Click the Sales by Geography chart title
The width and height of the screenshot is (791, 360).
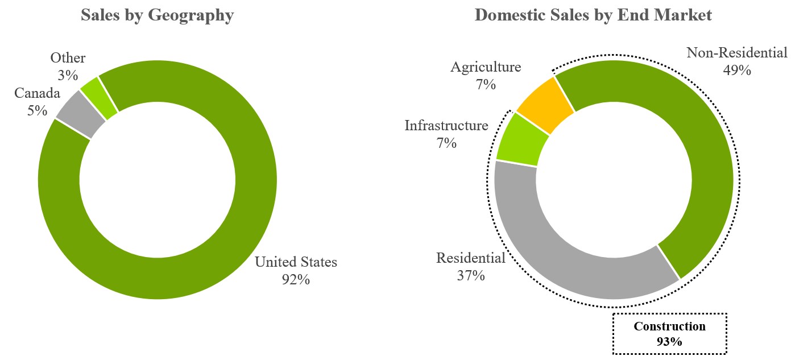157,15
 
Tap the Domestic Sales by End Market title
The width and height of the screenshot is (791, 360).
593,15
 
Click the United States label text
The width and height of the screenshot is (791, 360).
296,262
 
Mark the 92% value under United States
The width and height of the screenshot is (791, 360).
296,280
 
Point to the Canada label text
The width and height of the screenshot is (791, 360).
37,93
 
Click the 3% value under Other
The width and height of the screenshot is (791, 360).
68,75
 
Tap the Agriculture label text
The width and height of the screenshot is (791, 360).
486,67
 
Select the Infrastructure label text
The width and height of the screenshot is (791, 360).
446,126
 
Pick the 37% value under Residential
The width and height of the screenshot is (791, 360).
471,276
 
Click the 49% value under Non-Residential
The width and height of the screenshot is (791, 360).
737,71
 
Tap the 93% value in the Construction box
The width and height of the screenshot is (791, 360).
670,342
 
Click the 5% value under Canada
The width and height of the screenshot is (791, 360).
37,110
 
